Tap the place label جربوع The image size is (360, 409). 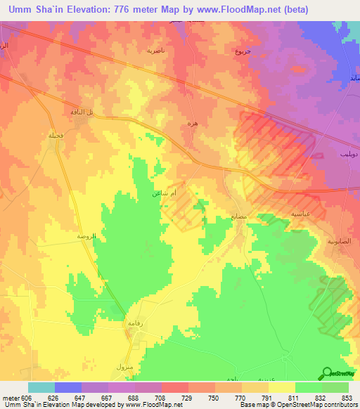[243, 51]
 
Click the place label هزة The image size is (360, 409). [192, 123]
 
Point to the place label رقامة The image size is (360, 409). [134, 323]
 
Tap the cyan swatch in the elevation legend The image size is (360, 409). [41, 387]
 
